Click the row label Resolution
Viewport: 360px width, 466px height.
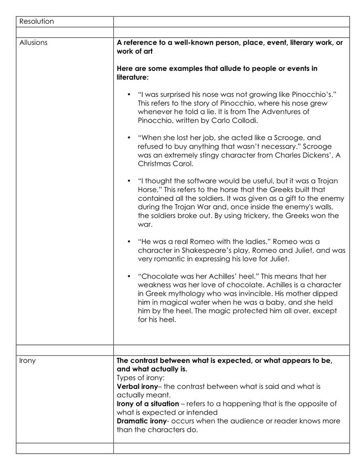(x=36, y=22)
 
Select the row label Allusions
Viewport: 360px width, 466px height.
(x=33, y=42)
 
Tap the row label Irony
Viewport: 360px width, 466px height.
(x=27, y=360)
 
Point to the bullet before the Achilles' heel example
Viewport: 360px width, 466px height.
(x=128, y=276)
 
